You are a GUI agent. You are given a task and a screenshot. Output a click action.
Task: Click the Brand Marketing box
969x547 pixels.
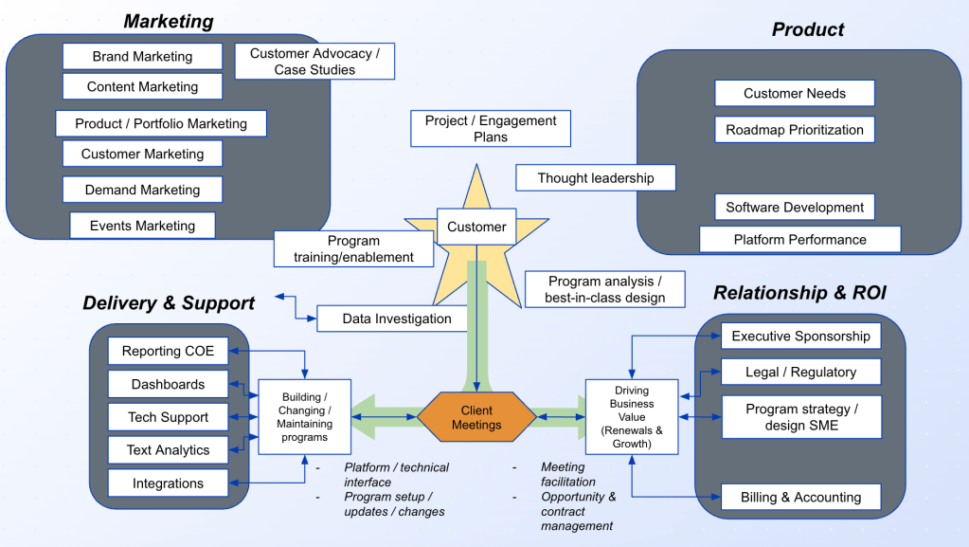pyautogui.click(x=142, y=56)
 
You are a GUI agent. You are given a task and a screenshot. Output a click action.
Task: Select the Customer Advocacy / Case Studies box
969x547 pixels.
pyautogui.click(x=314, y=62)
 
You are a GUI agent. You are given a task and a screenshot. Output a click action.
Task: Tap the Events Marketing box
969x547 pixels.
pyautogui.click(x=142, y=226)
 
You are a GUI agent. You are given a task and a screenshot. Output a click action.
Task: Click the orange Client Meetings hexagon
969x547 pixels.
pyautogui.click(x=476, y=418)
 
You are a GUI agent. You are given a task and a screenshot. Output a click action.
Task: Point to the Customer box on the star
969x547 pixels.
pyautogui.click(x=476, y=227)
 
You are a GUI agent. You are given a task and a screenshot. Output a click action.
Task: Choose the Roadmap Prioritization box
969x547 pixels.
pyautogui.click(x=795, y=130)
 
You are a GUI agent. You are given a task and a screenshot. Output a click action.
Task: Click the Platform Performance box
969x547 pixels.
pyautogui.click(x=799, y=240)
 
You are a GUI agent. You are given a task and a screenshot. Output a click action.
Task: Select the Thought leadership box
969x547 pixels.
pyautogui.click(x=596, y=178)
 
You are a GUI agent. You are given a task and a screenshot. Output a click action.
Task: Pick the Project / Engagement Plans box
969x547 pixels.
pyautogui.click(x=491, y=129)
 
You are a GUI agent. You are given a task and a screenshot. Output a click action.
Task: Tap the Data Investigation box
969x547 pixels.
pyautogui.click(x=396, y=319)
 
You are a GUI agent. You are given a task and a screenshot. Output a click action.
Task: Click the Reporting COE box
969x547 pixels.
pyautogui.click(x=168, y=352)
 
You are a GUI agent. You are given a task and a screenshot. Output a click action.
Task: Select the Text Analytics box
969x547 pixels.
pyautogui.click(x=168, y=450)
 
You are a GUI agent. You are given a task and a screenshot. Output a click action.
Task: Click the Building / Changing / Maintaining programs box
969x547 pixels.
pyautogui.click(x=305, y=417)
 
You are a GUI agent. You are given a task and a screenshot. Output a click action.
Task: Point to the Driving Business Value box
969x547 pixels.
pyautogui.click(x=632, y=417)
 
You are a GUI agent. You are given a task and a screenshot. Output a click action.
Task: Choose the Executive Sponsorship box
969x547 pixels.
pyautogui.click(x=800, y=336)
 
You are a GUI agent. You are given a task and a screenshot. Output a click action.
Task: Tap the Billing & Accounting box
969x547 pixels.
pyautogui.click(x=800, y=497)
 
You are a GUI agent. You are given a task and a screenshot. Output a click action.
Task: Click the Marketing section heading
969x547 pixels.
pyautogui.click(x=169, y=21)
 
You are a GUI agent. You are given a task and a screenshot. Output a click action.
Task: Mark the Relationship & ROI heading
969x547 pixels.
pyautogui.click(x=799, y=293)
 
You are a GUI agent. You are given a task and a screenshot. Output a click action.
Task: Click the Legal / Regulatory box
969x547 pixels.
pyautogui.click(x=800, y=372)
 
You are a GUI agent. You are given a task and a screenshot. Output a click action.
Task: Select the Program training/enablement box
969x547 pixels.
pyautogui.click(x=353, y=249)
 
